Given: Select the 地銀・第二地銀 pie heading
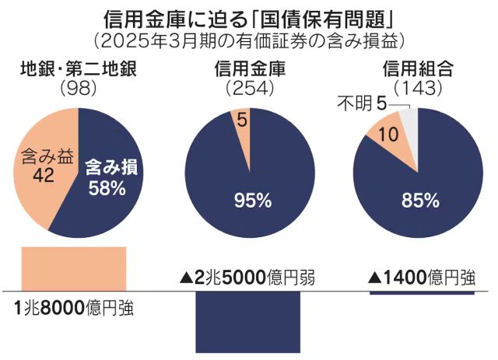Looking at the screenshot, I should (x=79, y=68).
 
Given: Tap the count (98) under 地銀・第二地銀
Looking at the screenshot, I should (x=79, y=87).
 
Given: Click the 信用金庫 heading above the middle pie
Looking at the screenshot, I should (x=248, y=68).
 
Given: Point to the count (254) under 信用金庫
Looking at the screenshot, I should (x=248, y=87).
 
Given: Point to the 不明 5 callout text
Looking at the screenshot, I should (x=359, y=101).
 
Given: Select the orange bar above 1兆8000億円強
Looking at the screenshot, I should (x=73, y=267).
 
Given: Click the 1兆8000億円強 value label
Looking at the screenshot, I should (x=74, y=308).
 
